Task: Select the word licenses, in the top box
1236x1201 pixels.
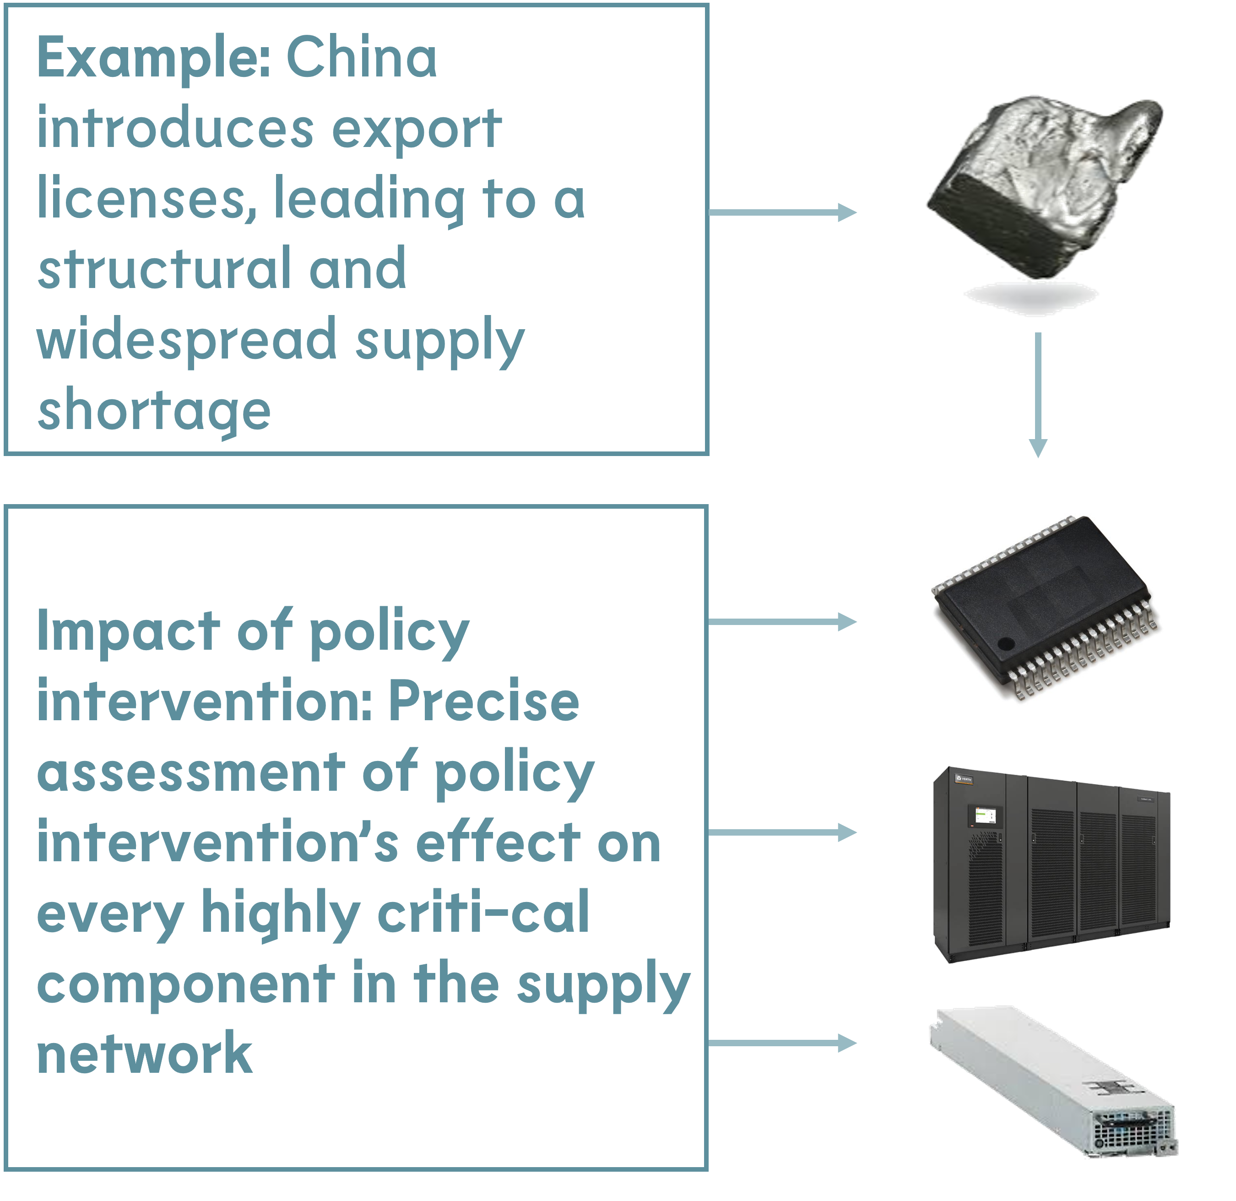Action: [x=147, y=199]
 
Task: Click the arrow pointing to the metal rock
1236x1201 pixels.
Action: [x=782, y=212]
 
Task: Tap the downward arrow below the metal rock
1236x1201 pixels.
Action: [x=1038, y=394]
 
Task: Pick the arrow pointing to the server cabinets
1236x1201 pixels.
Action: [x=782, y=832]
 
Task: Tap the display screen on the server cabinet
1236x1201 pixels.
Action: [x=985, y=815]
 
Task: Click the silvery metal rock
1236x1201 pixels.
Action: [x=1041, y=183]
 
